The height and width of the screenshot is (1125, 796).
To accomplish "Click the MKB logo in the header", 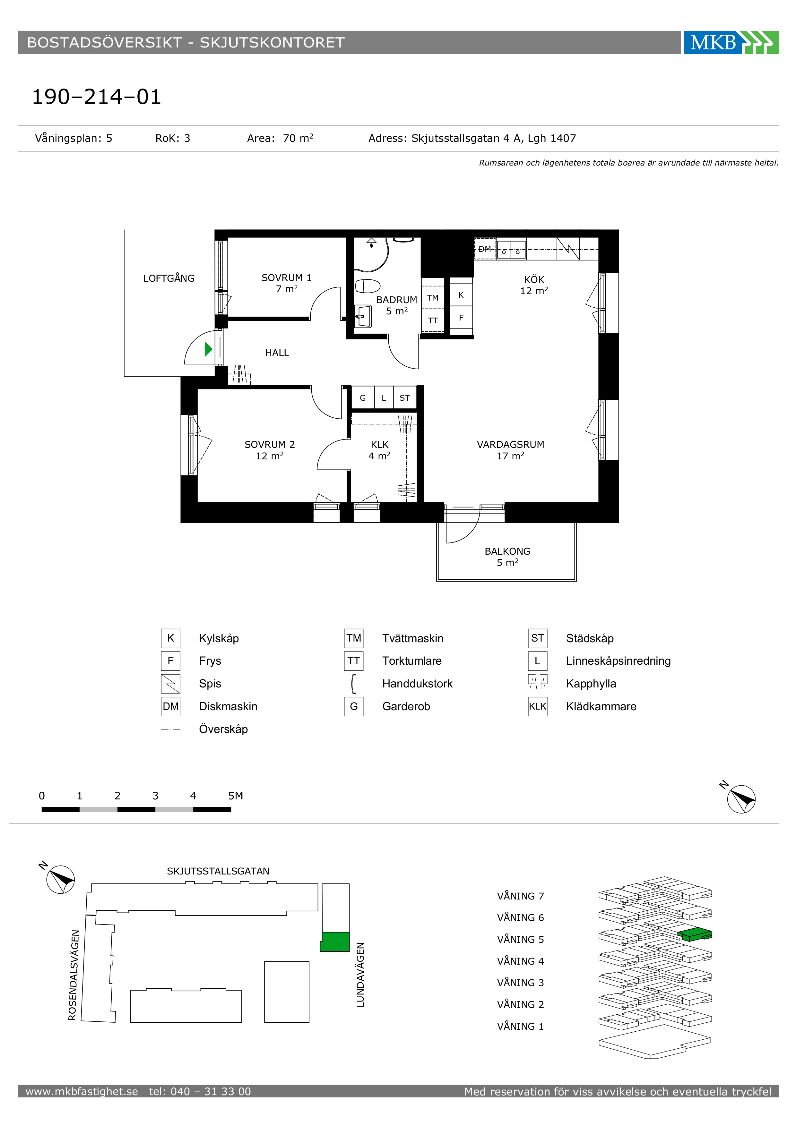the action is click(x=731, y=42).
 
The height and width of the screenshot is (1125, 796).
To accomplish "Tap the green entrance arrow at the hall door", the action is click(x=208, y=349).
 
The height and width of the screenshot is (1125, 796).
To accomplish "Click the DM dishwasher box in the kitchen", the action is click(x=485, y=249).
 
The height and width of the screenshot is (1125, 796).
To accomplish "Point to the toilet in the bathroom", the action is click(x=368, y=286).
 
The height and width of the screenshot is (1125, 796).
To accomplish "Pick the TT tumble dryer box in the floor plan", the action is click(x=433, y=321).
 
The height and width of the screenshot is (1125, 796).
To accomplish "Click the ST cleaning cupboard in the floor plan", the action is click(x=404, y=398).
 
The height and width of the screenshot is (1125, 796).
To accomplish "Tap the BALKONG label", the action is click(x=507, y=551).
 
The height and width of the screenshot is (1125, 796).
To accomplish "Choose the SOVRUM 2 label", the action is click(x=270, y=444).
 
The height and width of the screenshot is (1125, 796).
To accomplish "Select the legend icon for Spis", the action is click(x=170, y=684).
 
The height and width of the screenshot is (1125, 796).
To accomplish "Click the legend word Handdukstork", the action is click(x=417, y=684).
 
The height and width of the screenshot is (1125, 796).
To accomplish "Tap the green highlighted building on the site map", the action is click(x=335, y=942).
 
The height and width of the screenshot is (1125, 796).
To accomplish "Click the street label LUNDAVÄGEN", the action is click(x=360, y=975).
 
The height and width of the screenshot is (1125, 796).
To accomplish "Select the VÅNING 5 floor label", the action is click(x=521, y=939).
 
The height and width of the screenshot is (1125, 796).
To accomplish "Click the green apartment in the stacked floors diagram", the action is click(x=695, y=934).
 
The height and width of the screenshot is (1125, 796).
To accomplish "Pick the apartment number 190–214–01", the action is click(x=97, y=97).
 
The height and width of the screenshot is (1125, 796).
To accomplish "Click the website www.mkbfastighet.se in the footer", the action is click(x=82, y=1091).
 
